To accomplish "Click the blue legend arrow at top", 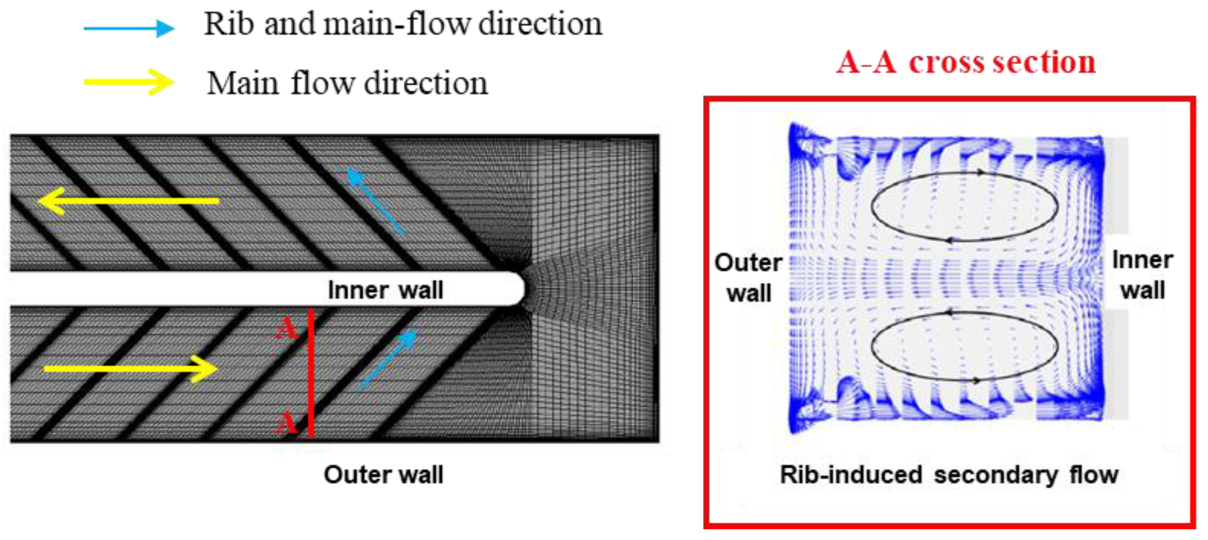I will click(129, 28).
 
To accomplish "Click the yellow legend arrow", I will click(129, 82).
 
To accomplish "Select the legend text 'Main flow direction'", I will click(347, 83).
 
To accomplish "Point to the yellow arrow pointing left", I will click(129, 200).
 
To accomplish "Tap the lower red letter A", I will click(286, 423).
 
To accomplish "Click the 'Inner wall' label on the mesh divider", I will click(386, 290).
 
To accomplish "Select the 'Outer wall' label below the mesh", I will click(383, 474).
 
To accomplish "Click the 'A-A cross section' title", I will click(966, 62).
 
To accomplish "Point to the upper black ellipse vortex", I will click(965, 207).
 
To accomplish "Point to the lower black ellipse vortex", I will click(965, 346).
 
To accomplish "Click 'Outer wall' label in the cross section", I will click(748, 278).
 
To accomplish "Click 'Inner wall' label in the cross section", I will click(1143, 275).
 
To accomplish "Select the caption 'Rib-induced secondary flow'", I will click(948, 474).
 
